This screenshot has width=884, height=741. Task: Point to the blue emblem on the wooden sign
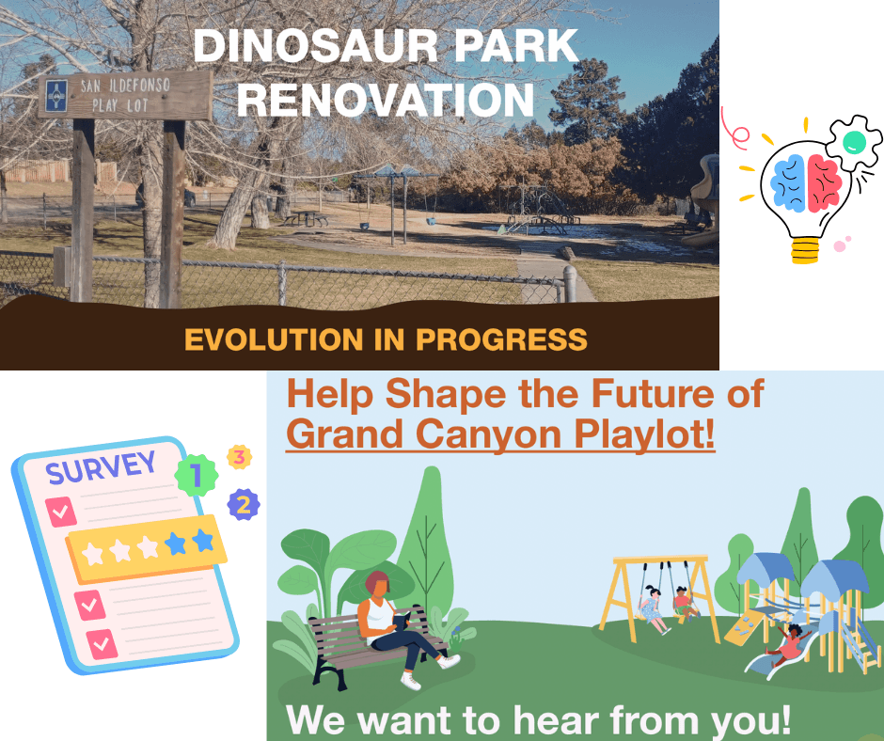point(56,94)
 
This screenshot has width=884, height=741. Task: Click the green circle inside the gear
point(853,142)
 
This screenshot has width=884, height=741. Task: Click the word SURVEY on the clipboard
point(101,467)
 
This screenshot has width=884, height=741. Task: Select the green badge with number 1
point(196,476)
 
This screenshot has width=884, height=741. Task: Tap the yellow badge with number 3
point(240,458)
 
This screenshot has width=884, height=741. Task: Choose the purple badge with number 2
point(243,505)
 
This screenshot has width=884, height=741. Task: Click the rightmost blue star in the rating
point(203,540)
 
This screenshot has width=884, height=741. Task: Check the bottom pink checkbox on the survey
point(101,644)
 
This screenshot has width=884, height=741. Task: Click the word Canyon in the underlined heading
point(470,434)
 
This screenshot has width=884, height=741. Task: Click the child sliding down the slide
point(790,644)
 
